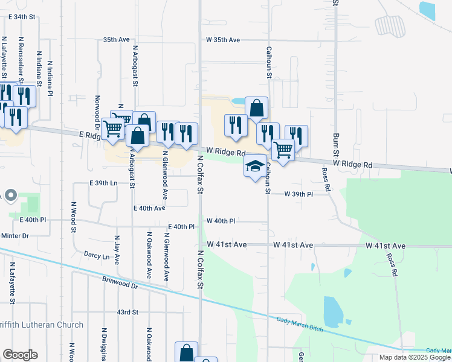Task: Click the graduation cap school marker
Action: (x=255, y=165)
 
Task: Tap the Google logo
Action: (x=19, y=355)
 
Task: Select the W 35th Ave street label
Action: (x=223, y=40)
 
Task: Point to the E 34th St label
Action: (x=23, y=16)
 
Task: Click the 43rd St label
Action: (x=128, y=312)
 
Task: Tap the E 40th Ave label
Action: (x=149, y=208)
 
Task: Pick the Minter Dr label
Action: (x=15, y=235)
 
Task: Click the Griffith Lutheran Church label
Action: (x=42, y=325)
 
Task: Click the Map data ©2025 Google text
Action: (x=415, y=357)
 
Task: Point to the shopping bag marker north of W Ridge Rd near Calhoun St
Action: (x=256, y=109)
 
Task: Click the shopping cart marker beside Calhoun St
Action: (x=282, y=150)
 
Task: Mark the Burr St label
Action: (x=334, y=132)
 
